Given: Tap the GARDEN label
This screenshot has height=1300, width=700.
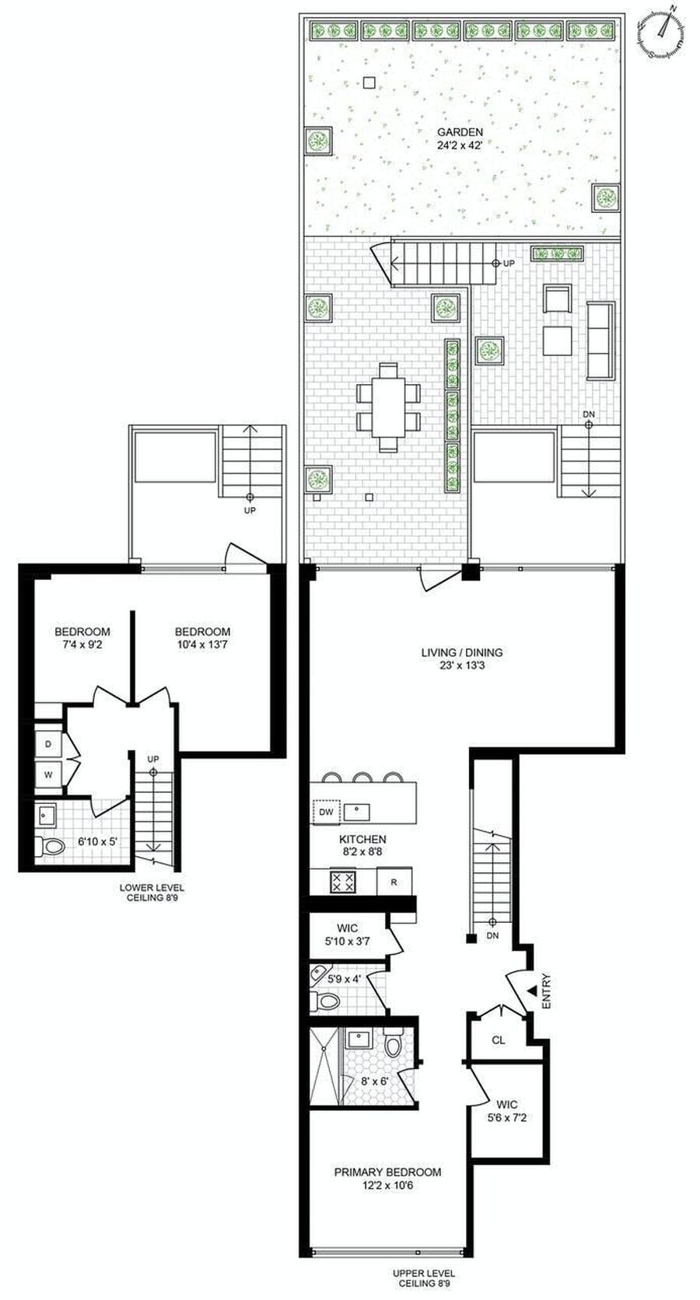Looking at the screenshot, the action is coord(460,132).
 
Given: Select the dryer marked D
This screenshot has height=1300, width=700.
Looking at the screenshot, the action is coord(48,744).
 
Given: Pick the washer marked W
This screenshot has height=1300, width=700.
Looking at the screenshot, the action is coord(48,774).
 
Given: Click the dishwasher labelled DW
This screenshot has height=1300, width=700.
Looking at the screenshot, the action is coord(326,812).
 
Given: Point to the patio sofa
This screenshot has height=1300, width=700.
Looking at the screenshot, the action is coord(600,341).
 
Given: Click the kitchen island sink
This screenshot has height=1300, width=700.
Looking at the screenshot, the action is coord(357,812).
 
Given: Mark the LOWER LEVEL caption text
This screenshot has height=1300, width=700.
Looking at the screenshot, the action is coord(152,887).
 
